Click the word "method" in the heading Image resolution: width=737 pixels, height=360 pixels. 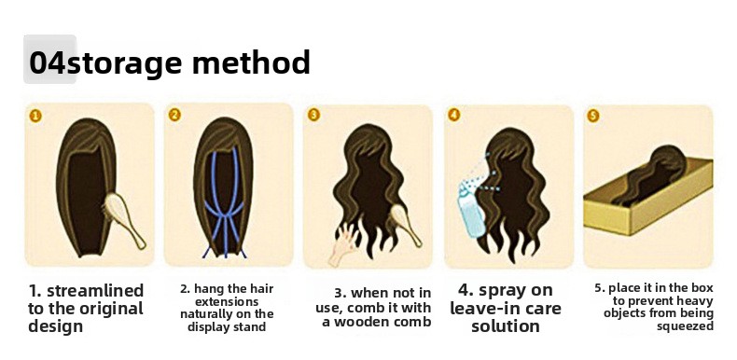point(251,62)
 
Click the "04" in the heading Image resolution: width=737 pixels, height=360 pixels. point(48,63)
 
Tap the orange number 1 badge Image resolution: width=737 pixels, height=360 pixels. point(35,116)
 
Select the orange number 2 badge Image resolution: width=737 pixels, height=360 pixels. point(174,115)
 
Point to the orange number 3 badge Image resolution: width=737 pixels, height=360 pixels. point(313,115)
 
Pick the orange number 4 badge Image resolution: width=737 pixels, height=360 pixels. point(453,115)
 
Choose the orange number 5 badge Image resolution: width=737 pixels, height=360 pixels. point(593,116)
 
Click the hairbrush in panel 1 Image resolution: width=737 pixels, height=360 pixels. point(123,219)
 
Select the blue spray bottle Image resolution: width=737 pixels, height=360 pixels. point(471,210)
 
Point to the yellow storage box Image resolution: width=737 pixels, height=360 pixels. point(648,196)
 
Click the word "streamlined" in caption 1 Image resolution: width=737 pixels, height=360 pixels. point(95,291)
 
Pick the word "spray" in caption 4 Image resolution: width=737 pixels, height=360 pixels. point(516,291)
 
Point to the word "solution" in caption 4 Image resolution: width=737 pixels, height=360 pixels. point(506,326)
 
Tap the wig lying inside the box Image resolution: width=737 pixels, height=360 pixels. point(651,176)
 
